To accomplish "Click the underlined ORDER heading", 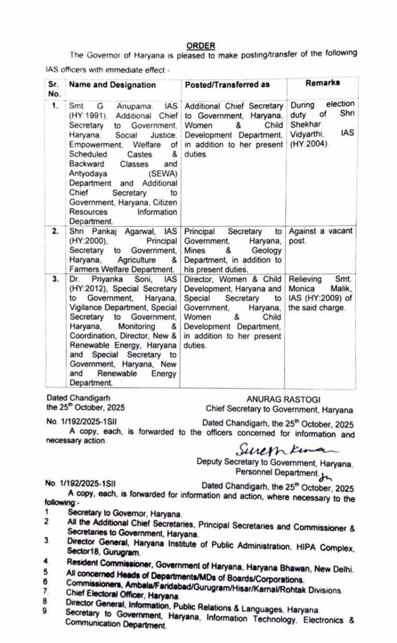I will [201, 47].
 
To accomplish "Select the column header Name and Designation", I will [111, 85].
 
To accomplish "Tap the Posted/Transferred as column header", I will [227, 85].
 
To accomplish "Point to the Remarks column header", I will [323, 83].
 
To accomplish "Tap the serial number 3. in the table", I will [55, 279].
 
